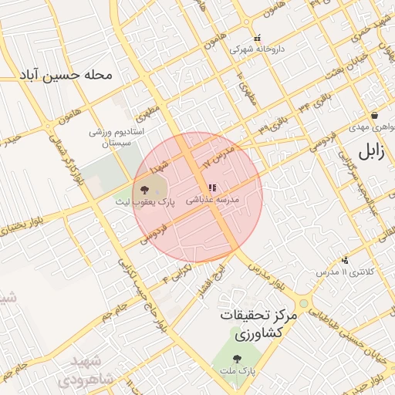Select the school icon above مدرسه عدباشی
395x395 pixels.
tap(212, 187)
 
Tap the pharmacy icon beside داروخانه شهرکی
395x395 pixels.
tap(257, 36)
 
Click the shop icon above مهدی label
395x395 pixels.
tap(374, 114)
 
